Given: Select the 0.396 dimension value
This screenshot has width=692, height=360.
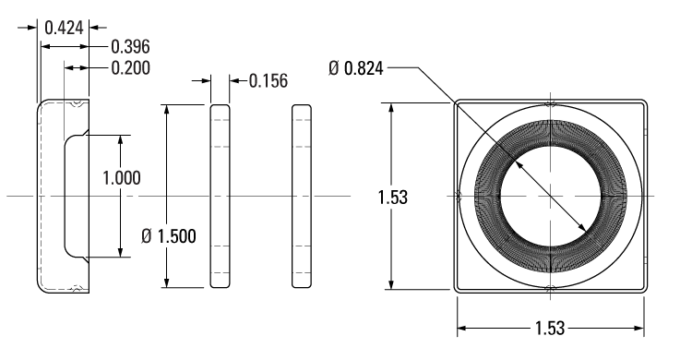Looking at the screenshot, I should coord(130,46).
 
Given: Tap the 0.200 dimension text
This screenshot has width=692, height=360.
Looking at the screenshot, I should coord(130,66).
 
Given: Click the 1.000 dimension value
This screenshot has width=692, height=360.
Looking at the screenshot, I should coord(121,178).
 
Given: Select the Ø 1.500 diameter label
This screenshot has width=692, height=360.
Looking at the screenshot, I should coord(169,235).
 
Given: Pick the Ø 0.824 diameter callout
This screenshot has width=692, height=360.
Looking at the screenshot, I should coord(355,67).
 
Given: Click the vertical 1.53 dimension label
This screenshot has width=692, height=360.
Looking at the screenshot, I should coord(393,197).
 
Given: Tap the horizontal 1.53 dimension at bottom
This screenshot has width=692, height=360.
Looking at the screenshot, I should coord(551,329).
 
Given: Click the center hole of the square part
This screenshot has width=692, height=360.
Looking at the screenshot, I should coord(550,196).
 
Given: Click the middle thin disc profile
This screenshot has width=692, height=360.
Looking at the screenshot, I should coord(219,196).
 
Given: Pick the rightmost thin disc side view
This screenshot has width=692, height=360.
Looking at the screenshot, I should coord(302,196).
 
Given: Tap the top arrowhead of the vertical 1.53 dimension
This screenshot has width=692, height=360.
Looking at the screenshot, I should coord(393,107).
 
